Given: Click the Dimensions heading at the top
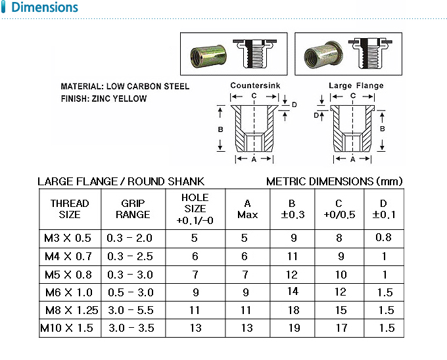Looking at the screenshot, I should coord(43,9).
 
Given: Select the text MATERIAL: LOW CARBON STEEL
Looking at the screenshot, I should coord(125,87).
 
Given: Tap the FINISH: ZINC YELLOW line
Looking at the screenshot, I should coord(103,99).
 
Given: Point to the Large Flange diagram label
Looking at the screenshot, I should coord(356,86).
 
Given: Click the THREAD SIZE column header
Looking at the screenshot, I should coord(69,209).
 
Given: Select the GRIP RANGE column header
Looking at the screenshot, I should coord(133,209).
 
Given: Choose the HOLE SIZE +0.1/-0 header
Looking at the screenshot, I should coord(195,209).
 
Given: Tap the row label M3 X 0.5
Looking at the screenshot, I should coord(68,238).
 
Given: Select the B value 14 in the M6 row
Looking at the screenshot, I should coord(293,291).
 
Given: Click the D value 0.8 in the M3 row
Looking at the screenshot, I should coord(384,238).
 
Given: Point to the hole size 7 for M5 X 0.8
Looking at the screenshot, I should coord(195,274).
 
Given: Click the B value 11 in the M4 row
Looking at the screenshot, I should coord(293,256).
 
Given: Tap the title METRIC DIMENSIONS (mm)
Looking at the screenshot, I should coord(334,181).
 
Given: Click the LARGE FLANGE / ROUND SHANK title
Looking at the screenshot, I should coord(121,181).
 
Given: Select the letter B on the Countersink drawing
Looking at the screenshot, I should coord(220,130).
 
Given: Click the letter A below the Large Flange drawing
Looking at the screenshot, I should coord(353,160).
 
